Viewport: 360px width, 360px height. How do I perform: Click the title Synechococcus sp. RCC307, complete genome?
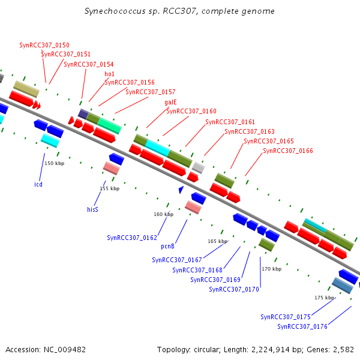(x=179, y=11)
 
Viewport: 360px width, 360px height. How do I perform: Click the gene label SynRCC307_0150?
(x=44, y=45)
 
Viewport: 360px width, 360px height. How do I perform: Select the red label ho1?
(x=109, y=74)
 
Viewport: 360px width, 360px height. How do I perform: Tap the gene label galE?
(x=170, y=102)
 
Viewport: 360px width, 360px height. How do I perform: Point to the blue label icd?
(x=38, y=184)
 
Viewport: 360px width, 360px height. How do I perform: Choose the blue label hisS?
(x=92, y=209)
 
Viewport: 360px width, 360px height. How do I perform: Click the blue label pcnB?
(x=167, y=247)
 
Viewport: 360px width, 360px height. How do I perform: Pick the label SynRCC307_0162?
(x=132, y=238)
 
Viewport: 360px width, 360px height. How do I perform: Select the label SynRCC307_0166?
(x=288, y=151)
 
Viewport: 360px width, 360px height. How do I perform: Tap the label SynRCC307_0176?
(x=302, y=326)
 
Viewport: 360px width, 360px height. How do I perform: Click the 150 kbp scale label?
(x=55, y=163)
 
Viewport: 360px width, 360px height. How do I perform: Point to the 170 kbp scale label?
(x=272, y=269)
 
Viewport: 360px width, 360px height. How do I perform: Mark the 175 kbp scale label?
(x=325, y=298)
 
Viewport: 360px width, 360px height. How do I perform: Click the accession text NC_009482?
(x=65, y=350)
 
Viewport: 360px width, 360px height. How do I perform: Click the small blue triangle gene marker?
(x=181, y=190)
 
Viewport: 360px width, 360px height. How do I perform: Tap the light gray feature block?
(x=199, y=167)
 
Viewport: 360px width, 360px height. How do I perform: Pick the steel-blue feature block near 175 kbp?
(x=343, y=286)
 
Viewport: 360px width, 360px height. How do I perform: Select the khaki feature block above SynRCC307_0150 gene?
(x=26, y=89)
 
